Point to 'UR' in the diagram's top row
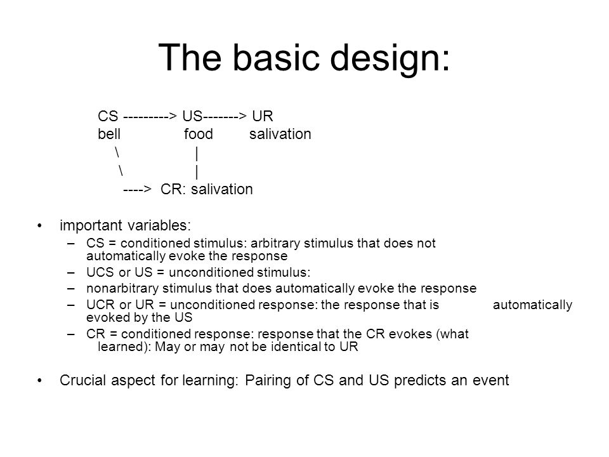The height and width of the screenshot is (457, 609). click(262, 117)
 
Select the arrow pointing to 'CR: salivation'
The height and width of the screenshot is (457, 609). click(136, 190)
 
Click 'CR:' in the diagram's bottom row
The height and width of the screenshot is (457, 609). click(171, 190)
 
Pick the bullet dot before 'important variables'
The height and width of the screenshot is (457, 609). click(42, 225)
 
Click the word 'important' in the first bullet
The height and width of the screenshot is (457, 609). click(86, 225)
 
